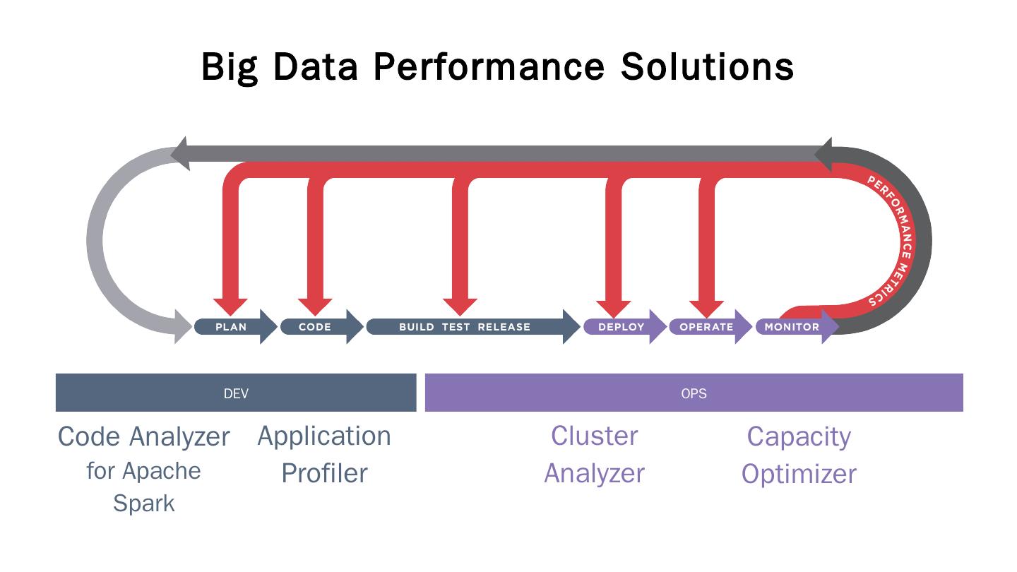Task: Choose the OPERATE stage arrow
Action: coord(707,327)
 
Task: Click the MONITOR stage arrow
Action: coord(793,327)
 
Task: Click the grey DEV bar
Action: coord(236,393)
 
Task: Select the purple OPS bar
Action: coord(694,393)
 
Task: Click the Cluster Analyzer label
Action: coord(594,454)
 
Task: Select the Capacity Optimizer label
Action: coord(799,455)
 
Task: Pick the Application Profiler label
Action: coord(324,454)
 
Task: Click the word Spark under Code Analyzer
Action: coord(144,504)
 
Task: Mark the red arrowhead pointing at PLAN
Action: coord(230,306)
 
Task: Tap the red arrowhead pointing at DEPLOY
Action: coord(614,307)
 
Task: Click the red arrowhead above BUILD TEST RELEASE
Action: coord(460,306)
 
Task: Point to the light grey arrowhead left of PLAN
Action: coord(183,326)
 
